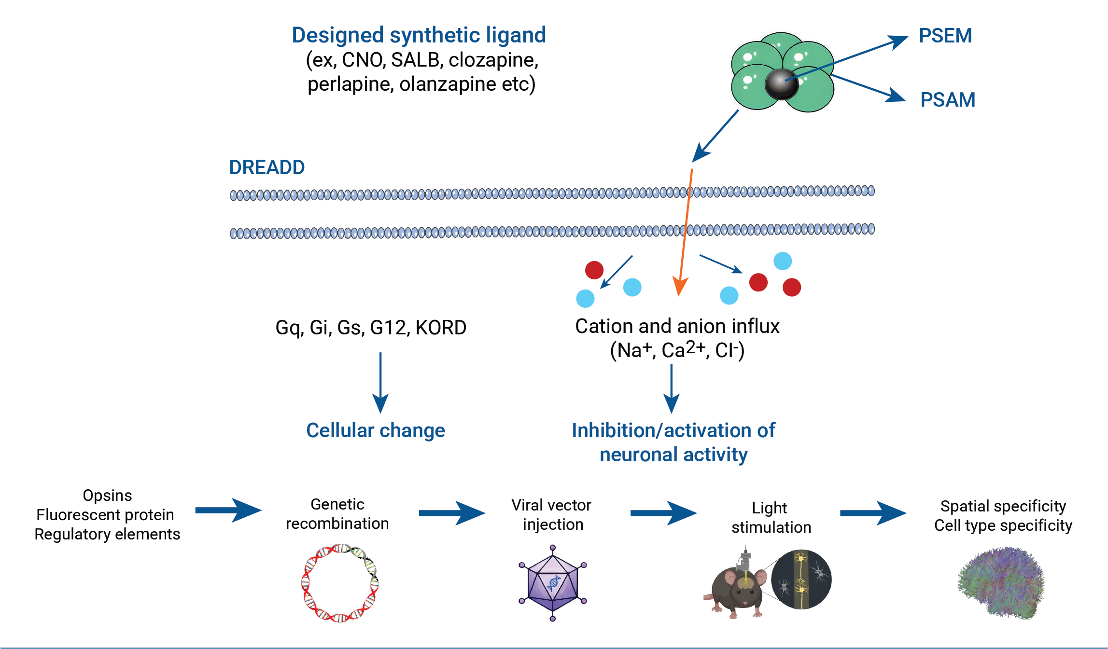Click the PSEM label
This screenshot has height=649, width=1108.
point(945,36)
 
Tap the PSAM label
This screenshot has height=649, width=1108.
point(948,100)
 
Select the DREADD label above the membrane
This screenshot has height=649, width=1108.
point(267,167)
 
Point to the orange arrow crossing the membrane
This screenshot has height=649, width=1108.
point(686,232)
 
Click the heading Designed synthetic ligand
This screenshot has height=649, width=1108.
point(419,35)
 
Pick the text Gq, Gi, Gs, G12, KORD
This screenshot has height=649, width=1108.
point(371,328)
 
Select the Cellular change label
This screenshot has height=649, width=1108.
point(376,430)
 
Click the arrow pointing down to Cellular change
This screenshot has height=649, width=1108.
point(380,383)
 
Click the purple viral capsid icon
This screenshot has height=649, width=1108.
point(553,583)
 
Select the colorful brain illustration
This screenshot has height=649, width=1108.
point(1001,583)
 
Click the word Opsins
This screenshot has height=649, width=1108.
point(107,496)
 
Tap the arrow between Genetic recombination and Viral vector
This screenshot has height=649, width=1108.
point(452,513)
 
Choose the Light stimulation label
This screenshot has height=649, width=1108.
point(771,518)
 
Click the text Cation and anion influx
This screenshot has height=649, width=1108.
point(677,326)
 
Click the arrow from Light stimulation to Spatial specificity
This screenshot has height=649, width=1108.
point(873,513)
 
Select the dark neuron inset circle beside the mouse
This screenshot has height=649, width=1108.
point(801,580)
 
